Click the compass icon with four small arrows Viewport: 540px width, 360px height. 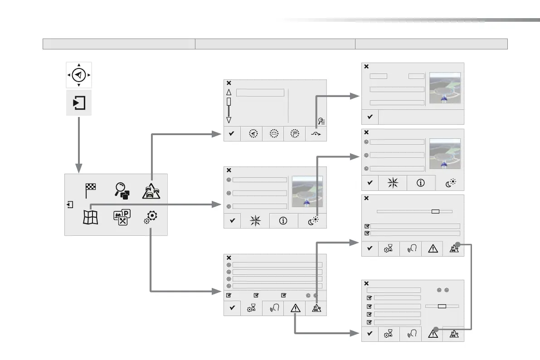(79, 75)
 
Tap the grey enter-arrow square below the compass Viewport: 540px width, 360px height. (79, 102)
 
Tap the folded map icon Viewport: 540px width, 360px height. (90, 217)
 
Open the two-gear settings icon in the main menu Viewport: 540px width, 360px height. (151, 218)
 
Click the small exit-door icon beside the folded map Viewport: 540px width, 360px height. (69, 204)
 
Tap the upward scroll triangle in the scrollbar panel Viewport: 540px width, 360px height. (229, 92)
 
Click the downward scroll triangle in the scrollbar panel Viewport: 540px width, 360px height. (229, 120)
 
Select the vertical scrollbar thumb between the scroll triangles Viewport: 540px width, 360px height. (229, 102)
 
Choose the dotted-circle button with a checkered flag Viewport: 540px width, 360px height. (294, 134)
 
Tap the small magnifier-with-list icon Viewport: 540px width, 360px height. (321, 121)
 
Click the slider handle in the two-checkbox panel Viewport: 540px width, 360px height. (435, 211)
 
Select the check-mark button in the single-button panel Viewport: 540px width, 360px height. (370, 117)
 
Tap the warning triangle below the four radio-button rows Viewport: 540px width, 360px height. (296, 308)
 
